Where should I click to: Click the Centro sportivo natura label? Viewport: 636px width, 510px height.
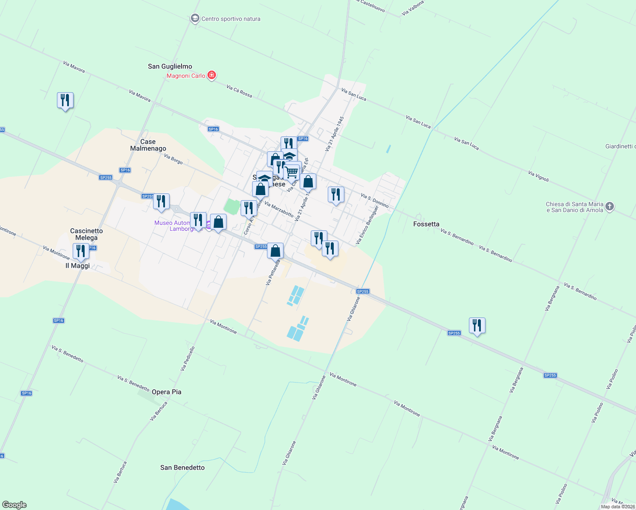coord(230,19)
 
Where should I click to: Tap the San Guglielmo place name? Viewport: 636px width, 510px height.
coord(170,66)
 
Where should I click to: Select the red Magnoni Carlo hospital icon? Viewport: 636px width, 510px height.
coord(211,76)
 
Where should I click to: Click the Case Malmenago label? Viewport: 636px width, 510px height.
coord(148,145)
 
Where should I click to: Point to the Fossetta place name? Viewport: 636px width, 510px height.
coord(426,224)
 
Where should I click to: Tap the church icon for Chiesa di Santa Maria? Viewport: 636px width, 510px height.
coord(610,207)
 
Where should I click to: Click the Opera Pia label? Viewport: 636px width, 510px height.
coord(167,392)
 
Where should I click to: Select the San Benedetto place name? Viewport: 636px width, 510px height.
coord(182,467)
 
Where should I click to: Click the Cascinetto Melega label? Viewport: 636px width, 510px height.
coord(86,234)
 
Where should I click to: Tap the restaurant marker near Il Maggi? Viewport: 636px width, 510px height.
coord(81,251)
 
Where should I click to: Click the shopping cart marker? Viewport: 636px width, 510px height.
coord(292,173)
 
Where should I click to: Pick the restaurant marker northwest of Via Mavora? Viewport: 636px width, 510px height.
coord(65,100)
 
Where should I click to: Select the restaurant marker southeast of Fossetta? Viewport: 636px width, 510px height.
coord(477,326)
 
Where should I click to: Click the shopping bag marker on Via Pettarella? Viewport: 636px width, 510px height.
coord(275,251)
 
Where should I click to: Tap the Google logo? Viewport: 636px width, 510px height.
coord(14,505)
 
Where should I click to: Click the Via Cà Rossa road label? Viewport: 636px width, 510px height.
coord(239,91)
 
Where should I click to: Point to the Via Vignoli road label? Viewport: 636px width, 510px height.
coord(539,176)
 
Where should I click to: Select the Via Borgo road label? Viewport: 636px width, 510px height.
coord(173,159)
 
